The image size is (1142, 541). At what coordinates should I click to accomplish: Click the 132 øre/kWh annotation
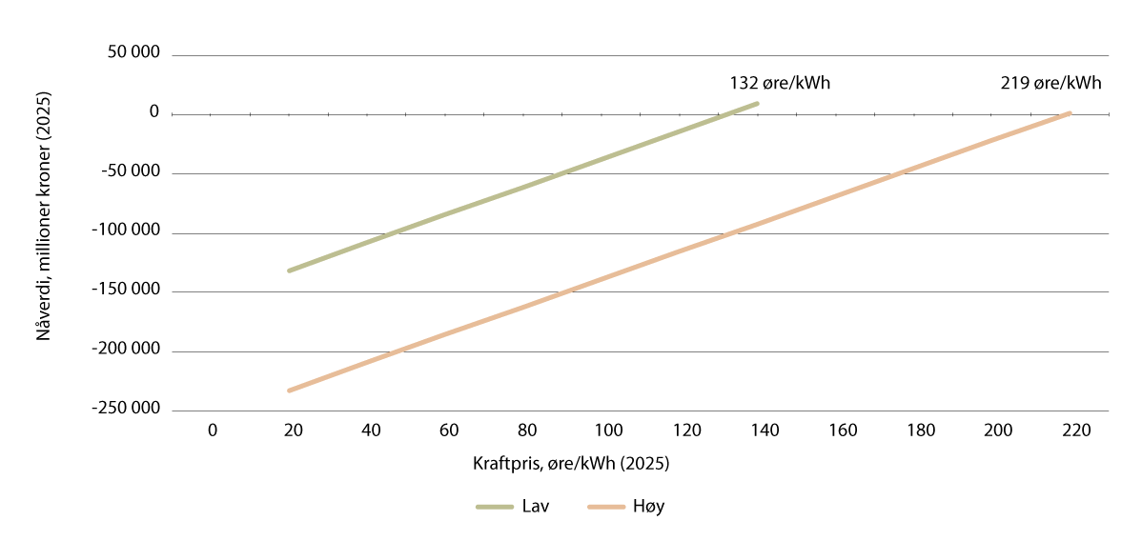point(780,83)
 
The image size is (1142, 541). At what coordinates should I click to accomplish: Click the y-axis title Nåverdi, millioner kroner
point(44,230)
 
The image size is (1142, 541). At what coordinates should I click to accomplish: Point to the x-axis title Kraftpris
point(570,465)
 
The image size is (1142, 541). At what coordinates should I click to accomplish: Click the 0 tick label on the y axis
point(153,112)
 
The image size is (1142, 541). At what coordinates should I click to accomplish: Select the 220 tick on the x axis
point(1076,431)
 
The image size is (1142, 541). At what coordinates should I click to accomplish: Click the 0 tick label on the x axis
point(212,431)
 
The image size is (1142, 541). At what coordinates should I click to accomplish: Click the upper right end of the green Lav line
point(757,103)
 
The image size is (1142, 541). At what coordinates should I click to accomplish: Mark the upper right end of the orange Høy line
point(1069,113)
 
